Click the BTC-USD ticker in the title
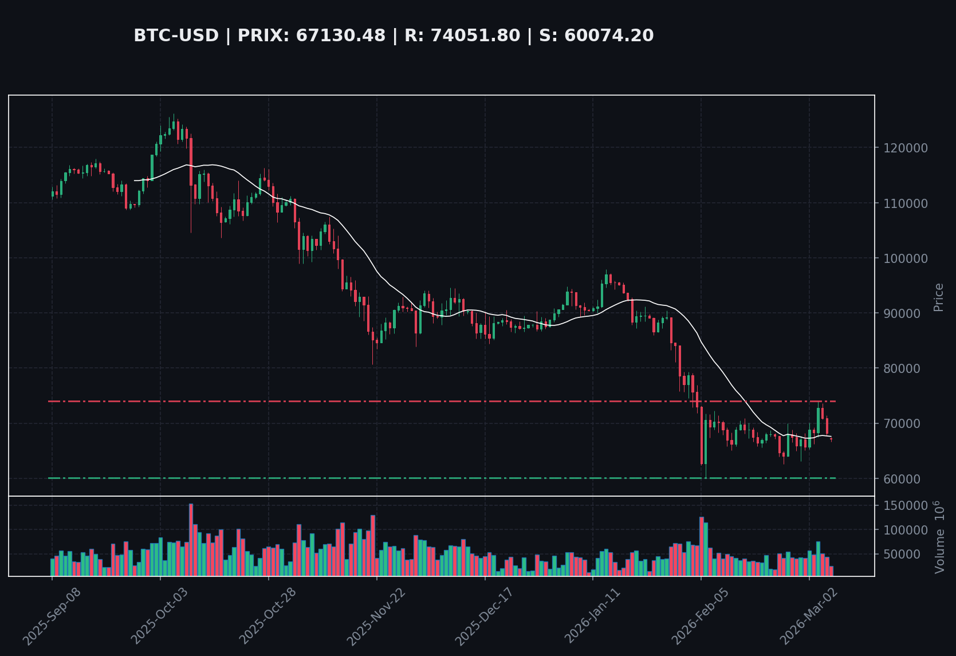[176, 36]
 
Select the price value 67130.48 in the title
[340, 36]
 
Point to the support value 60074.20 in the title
[609, 36]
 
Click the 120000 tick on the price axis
[906, 148]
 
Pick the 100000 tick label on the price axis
[906, 258]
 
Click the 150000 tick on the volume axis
[906, 506]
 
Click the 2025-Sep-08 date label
[52, 616]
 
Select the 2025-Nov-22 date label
[376, 616]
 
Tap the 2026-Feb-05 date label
[700, 616]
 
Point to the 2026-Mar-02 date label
[808, 616]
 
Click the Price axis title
[938, 297]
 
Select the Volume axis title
[939, 537]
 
